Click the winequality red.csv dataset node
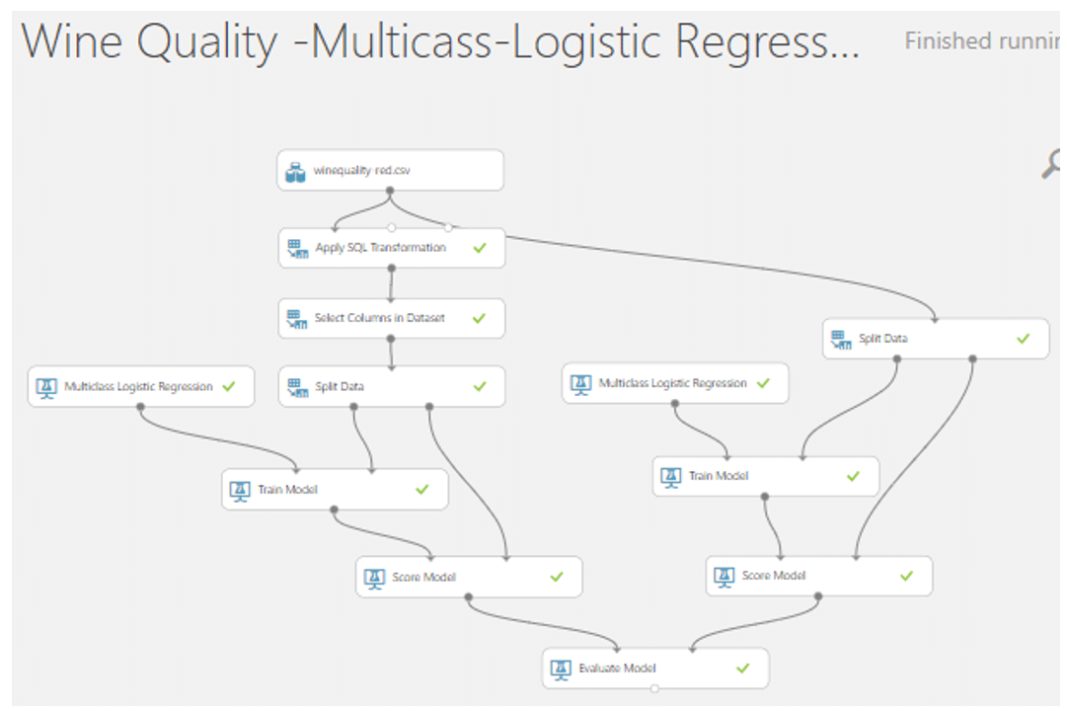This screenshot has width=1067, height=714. click(x=390, y=170)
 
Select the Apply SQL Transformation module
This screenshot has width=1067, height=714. click(x=391, y=248)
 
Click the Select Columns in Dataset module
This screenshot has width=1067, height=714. click(x=391, y=318)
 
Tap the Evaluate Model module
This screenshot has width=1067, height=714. click(x=654, y=669)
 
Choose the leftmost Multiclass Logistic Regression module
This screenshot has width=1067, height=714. click(x=140, y=386)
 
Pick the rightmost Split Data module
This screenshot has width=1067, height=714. click(x=935, y=339)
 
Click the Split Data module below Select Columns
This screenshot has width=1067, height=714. click(x=391, y=386)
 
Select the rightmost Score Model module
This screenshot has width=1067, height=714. click(x=818, y=576)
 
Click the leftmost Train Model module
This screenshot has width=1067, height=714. click(x=334, y=489)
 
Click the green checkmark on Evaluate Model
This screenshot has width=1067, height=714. click(x=743, y=669)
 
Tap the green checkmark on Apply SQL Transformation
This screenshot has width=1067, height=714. click(x=480, y=248)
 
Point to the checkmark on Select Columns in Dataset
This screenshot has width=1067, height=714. click(x=480, y=318)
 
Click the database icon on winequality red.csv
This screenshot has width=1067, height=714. click(x=295, y=171)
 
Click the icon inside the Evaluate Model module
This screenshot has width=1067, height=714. click(x=561, y=669)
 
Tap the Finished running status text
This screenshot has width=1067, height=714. click(x=981, y=41)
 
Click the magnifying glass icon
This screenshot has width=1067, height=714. click(x=1053, y=164)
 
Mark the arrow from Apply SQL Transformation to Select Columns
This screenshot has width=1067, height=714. click(x=391, y=283)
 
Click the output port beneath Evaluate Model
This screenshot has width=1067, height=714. click(x=654, y=688)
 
